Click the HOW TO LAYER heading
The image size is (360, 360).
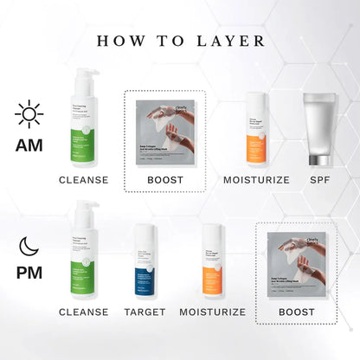[180, 40]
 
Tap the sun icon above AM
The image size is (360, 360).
[29, 113]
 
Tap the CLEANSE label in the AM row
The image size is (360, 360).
[83, 179]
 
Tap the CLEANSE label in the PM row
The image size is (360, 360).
[83, 312]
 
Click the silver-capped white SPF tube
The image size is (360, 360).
[321, 128]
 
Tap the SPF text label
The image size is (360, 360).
[321, 179]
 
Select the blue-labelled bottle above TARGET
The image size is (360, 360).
[145, 262]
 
